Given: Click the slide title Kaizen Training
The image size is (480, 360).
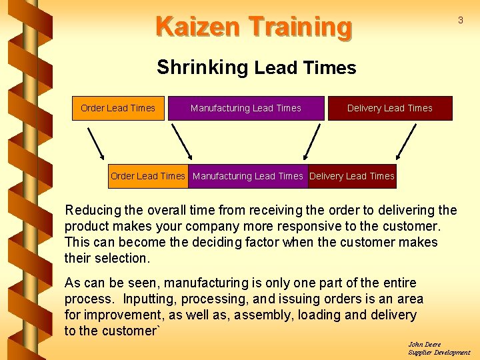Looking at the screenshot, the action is pyautogui.click(x=253, y=27).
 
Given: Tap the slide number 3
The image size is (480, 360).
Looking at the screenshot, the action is pyautogui.click(x=460, y=21).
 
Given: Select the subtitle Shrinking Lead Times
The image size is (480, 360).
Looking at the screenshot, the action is pyautogui.click(x=257, y=67).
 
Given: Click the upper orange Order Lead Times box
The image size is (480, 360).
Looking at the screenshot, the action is pyautogui.click(x=118, y=108).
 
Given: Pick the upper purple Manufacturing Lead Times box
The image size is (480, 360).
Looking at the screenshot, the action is pyautogui.click(x=246, y=108).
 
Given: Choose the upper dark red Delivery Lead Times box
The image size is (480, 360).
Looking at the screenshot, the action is pyautogui.click(x=390, y=108).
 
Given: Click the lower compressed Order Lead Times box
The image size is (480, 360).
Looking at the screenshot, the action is pyautogui.click(x=148, y=176).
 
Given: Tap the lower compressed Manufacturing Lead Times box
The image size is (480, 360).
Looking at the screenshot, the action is pyautogui.click(x=248, y=176).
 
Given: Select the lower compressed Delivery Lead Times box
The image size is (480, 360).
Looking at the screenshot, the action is pyautogui.click(x=352, y=176).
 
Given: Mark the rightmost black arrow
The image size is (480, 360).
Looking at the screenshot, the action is pyautogui.click(x=407, y=142).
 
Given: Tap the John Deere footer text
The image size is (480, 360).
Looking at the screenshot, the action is pyautogui.click(x=425, y=345).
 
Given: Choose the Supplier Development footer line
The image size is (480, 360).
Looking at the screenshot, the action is pyautogui.click(x=439, y=353).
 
